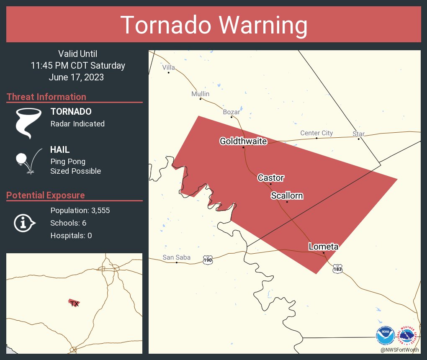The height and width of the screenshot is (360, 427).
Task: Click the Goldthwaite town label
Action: click(243, 141)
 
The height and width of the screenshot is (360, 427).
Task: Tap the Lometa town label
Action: click(323, 247)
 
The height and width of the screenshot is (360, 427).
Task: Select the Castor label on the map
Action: click(270, 178)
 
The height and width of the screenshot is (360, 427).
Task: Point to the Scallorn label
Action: click(287, 195)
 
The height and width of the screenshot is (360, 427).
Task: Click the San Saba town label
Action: click(176, 257)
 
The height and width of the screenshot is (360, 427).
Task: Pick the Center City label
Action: click(316, 133)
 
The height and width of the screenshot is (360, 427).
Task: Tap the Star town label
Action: click(358, 134)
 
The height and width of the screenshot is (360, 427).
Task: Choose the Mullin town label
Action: click(200, 94)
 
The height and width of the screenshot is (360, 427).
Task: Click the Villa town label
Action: click(168, 67)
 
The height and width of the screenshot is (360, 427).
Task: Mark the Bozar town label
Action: click(232, 112)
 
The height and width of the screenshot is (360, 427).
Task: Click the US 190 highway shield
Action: click(208, 260)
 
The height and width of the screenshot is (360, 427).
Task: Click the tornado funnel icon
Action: click(28, 123)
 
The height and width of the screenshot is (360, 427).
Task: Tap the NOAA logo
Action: click(385, 335)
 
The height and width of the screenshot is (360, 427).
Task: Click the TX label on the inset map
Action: click(74, 304)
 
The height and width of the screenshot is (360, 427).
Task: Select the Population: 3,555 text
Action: click(80, 211)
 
